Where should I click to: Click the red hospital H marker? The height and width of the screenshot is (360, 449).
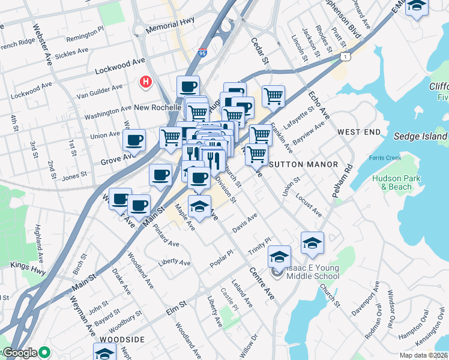pyautogui.click(x=145, y=82)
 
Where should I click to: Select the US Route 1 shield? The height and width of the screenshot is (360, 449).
pyautogui.click(x=345, y=56)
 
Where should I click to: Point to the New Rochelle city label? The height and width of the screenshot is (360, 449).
pyautogui.click(x=158, y=107)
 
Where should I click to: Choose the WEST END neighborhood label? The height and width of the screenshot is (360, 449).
pyautogui.click(x=358, y=131)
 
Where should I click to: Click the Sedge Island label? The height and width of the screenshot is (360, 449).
pyautogui.click(x=420, y=136)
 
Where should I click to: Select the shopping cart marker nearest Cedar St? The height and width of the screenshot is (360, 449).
pyautogui.click(x=273, y=95)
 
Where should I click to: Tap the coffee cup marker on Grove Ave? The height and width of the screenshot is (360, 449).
pyautogui.click(x=134, y=140)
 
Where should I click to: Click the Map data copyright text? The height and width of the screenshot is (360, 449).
pyautogui.click(x=424, y=355)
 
